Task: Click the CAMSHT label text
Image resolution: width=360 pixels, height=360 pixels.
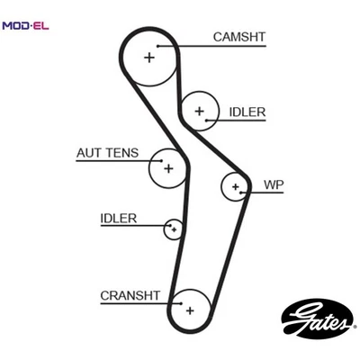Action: coord(238,37)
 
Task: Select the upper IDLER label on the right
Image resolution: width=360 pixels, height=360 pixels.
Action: coord(247,112)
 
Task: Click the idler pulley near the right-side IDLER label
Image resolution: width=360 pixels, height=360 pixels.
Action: coord(199,111)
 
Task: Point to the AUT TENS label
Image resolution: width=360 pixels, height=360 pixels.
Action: coord(107,153)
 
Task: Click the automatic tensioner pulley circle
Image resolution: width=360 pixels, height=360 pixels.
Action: coord(168,167)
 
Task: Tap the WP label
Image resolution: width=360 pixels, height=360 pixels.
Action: coord(274,185)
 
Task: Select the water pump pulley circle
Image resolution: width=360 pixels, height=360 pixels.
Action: coord(236,187)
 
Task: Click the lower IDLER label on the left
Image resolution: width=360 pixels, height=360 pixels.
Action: coord(118,219)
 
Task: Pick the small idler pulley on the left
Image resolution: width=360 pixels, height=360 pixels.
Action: coord(173,229)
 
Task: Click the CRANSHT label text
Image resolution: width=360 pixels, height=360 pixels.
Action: coord(130,294)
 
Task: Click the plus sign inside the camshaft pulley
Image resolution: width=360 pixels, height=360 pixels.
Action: coord(148,58)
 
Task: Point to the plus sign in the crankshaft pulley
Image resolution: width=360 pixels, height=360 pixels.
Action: coord(190,310)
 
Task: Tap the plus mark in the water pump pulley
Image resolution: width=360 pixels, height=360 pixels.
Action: coord(236,187)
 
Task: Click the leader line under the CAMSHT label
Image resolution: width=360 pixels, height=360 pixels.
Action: coord(216,46)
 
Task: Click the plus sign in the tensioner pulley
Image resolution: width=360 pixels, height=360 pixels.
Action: coord(167,166)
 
